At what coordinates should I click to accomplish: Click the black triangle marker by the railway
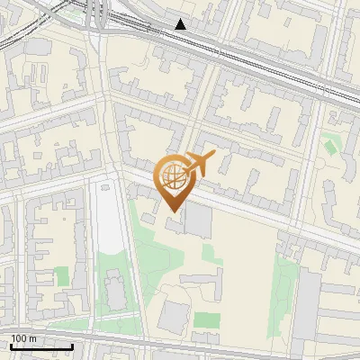coord(181,24)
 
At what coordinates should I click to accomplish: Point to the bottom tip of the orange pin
coord(173,211)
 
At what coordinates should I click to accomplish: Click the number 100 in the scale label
coord(19,338)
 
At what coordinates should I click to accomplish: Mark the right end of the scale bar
coord(73,346)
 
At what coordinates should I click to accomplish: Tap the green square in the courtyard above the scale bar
coord(62,276)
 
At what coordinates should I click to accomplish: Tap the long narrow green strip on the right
coord(286,288)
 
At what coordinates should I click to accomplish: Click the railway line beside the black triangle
coord(234,54)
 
